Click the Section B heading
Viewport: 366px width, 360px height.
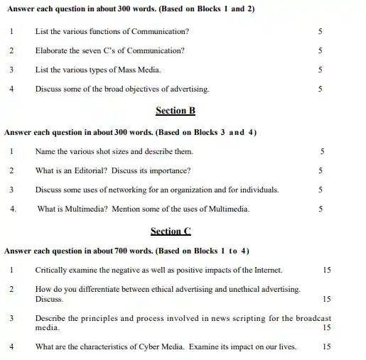point(175,111)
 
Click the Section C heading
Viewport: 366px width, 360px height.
point(171,231)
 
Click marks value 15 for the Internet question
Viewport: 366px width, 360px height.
point(327,270)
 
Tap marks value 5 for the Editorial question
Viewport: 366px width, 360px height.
point(321,170)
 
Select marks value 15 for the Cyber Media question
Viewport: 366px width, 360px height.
point(327,347)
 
